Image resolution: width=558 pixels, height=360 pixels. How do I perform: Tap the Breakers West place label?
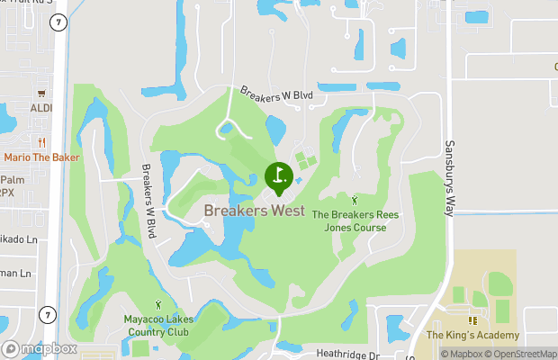[254, 211]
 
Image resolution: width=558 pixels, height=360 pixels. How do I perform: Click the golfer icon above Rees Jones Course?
[354, 200]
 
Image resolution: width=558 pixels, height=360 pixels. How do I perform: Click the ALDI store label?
[41, 108]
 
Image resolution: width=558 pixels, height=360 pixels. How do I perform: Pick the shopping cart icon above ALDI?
[40, 93]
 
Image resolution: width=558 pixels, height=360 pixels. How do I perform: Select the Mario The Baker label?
[41, 157]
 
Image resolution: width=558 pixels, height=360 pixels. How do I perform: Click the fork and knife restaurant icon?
[41, 141]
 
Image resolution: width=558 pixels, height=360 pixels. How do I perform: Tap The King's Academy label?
[472, 336]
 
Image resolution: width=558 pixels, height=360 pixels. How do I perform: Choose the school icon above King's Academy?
[472, 319]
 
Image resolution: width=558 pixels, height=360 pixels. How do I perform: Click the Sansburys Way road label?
[448, 177]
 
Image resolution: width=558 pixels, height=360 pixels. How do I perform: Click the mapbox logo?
[40, 349]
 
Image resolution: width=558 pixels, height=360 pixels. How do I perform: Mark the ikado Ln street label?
[19, 240]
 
